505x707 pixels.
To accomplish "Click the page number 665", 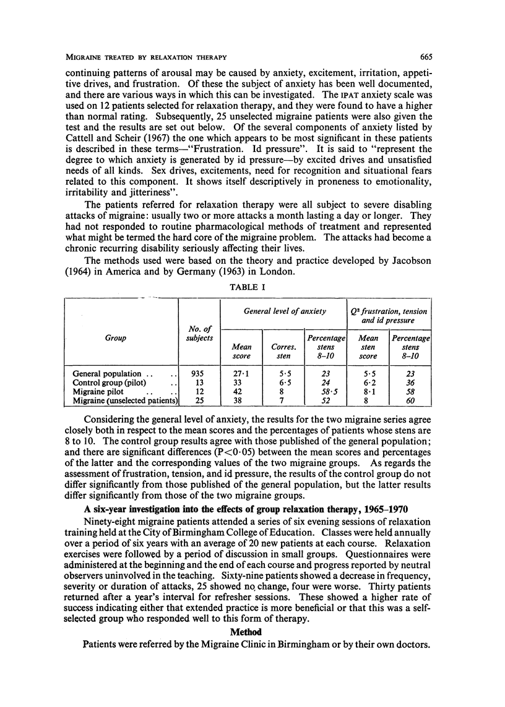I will [425, 57].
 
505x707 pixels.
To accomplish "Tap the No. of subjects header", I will [199, 333].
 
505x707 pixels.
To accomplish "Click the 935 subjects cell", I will [199, 374].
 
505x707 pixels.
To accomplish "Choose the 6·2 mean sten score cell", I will [368, 384].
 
